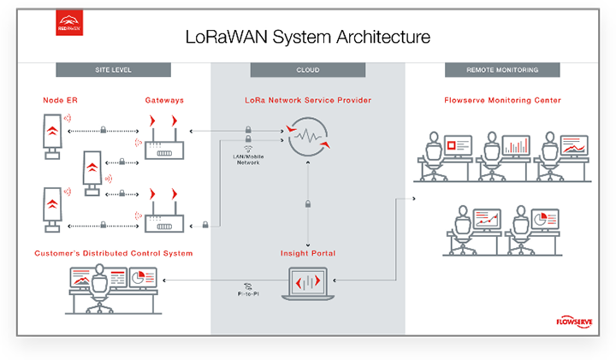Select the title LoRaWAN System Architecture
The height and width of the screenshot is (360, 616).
click(308, 37)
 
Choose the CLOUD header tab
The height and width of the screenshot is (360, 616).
click(308, 70)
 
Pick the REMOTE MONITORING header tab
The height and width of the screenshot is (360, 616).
click(502, 70)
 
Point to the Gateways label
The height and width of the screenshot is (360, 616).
click(163, 100)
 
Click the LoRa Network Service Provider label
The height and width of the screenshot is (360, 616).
click(308, 100)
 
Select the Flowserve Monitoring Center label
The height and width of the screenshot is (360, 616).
click(502, 100)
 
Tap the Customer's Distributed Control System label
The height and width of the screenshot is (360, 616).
click(113, 253)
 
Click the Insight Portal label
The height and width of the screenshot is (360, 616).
click(308, 253)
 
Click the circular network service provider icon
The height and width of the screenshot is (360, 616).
click(308, 137)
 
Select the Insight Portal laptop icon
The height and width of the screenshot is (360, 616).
click(308, 283)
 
